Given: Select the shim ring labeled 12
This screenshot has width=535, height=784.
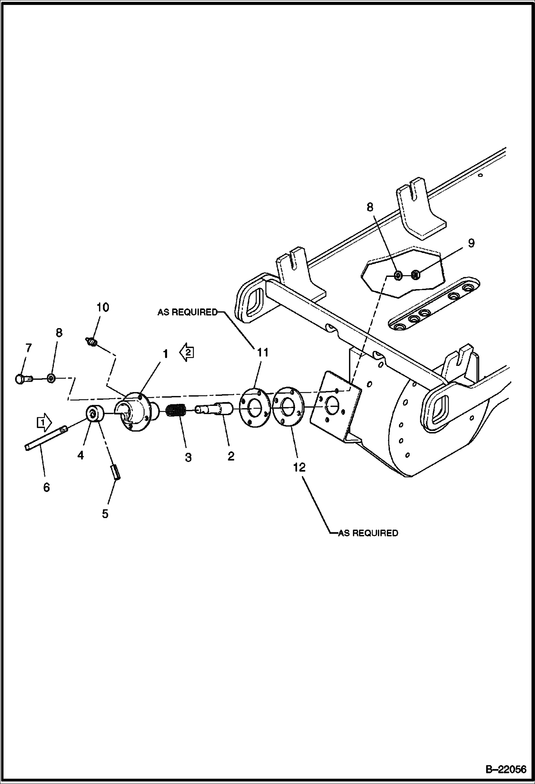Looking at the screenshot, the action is [x=288, y=406].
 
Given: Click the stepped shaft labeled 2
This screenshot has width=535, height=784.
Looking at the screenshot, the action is [x=214, y=408].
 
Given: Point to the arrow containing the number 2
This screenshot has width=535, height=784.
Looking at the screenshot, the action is [x=187, y=352].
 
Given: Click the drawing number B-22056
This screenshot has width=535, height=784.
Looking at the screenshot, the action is [x=505, y=769].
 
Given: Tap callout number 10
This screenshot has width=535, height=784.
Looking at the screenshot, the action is [x=102, y=307].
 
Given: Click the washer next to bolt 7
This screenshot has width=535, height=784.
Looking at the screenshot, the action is [x=51, y=378].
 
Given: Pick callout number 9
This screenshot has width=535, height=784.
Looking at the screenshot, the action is [x=471, y=243].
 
